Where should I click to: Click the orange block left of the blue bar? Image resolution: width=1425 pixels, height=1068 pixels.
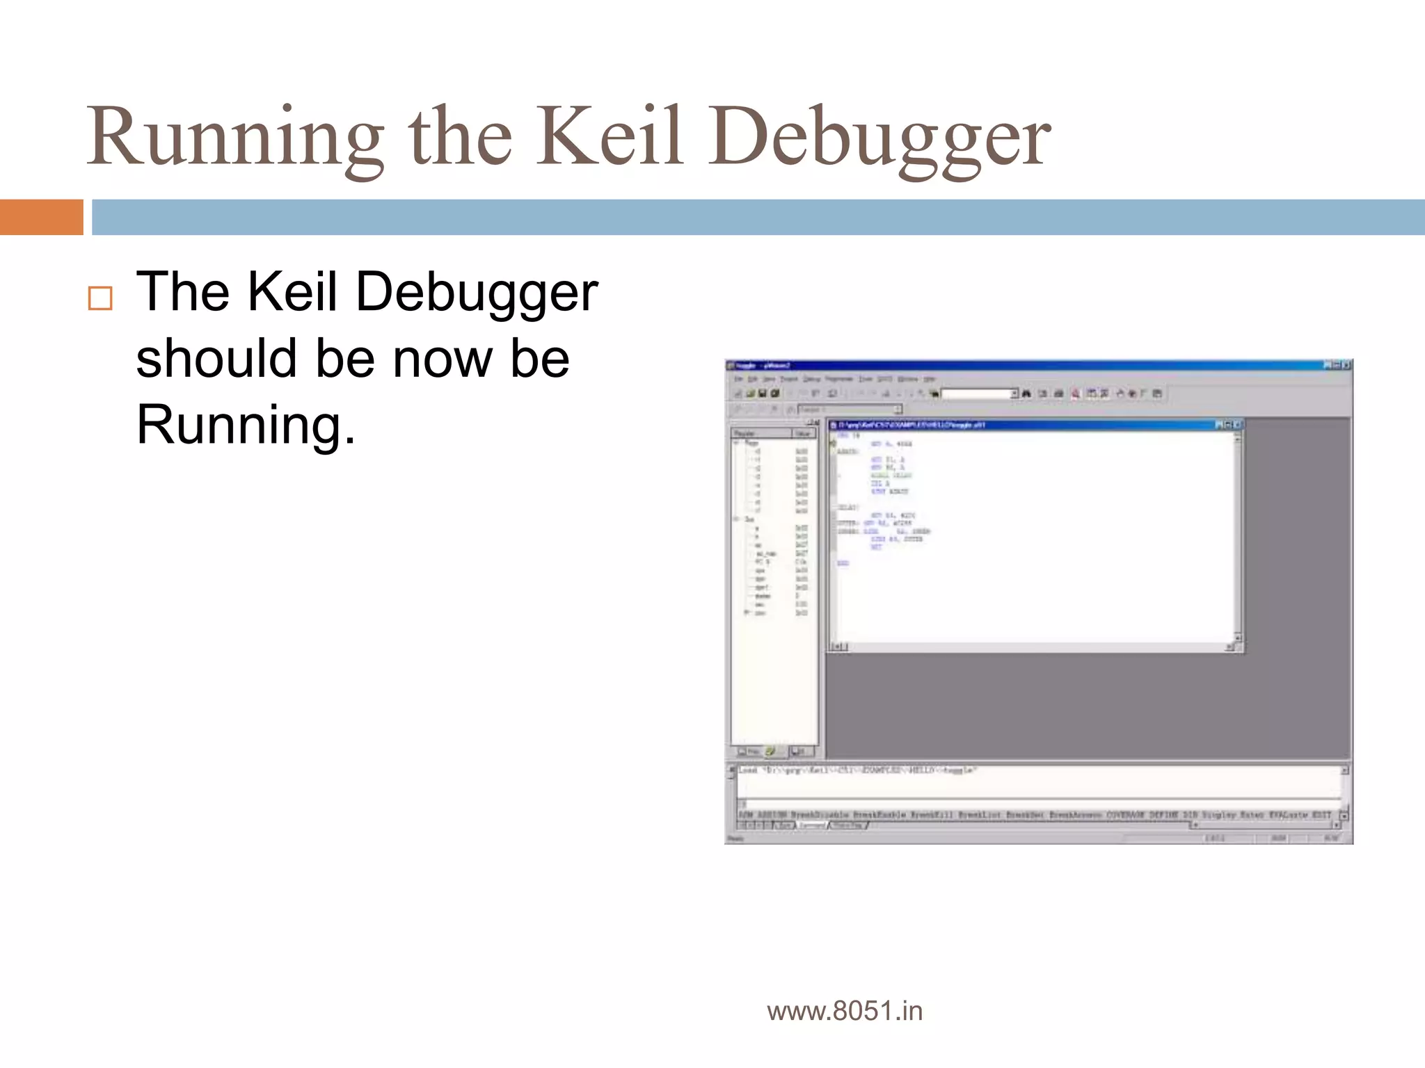(41, 217)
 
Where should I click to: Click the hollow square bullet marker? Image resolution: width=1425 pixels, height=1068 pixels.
(100, 298)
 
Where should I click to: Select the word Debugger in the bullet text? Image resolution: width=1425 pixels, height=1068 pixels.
(477, 292)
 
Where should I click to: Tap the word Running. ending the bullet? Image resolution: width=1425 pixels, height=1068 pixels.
(245, 425)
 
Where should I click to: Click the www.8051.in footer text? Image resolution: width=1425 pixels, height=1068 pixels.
(845, 1011)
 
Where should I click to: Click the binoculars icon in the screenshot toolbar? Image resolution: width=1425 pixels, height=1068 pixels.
(1026, 394)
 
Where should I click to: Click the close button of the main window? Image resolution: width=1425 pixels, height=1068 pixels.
(1346, 365)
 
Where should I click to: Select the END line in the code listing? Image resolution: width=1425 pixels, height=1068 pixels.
(843, 563)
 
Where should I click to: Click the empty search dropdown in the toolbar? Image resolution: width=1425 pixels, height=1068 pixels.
(977, 394)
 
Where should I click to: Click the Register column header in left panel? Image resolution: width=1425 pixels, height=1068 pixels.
(760, 433)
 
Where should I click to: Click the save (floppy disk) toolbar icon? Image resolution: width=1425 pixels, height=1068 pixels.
(763, 394)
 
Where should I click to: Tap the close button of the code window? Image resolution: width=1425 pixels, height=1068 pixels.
(1238, 424)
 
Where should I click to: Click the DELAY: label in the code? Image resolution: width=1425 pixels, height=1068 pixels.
(847, 508)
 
